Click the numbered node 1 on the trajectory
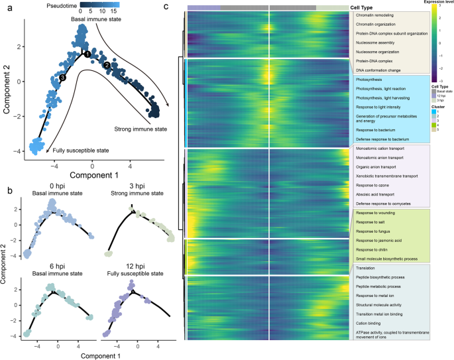pos(86,54)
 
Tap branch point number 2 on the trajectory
pos(106,65)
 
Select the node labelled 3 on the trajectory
pos(62,78)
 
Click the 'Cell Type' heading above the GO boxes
pos(363,7)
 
